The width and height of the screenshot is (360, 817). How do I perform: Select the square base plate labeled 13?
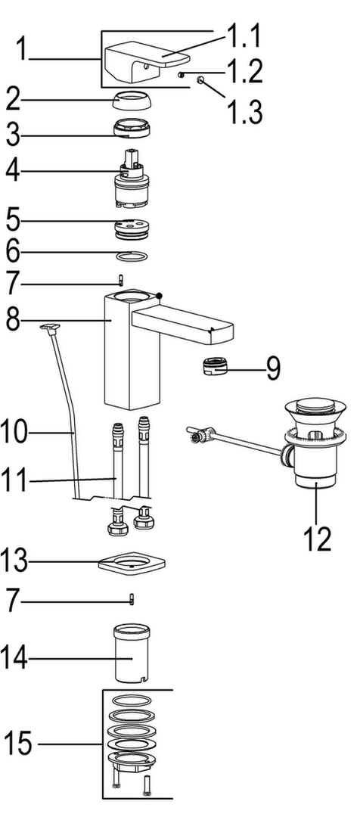tap(132, 564)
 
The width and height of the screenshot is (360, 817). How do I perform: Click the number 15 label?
tap(18, 744)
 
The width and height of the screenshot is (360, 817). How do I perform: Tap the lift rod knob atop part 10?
tap(50, 327)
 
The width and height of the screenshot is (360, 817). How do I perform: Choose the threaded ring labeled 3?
tap(130, 128)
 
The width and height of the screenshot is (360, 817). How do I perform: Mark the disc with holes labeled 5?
tap(130, 228)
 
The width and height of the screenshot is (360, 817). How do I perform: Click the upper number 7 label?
tap(14, 284)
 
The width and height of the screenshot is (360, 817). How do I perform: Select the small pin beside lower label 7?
tap(132, 598)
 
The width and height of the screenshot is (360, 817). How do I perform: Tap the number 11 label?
tap(15, 481)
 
